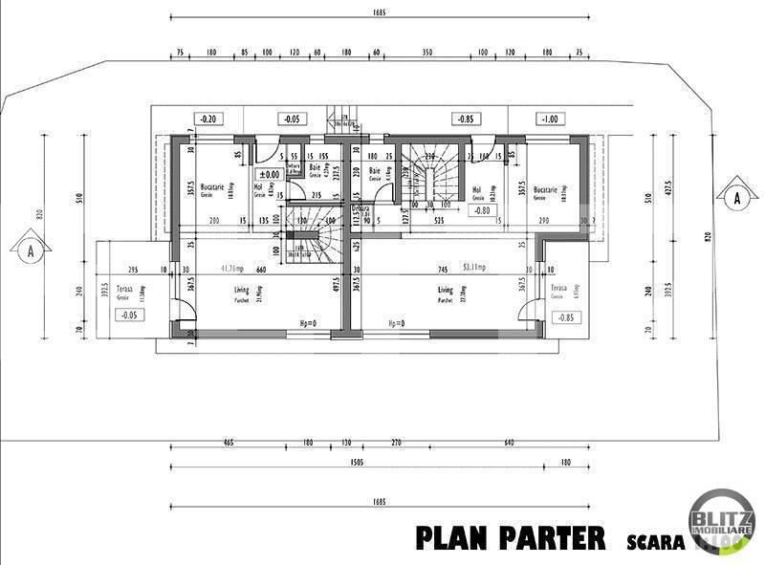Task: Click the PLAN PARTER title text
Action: tap(510, 537)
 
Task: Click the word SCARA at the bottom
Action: tap(656, 541)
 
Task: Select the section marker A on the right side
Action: tap(736, 198)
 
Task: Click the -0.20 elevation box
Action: tap(207, 120)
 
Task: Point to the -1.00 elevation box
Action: tap(548, 120)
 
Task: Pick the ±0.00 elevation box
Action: tap(269, 174)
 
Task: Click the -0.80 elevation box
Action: tap(482, 210)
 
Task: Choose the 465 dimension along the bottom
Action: tap(228, 443)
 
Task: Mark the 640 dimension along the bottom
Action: tap(509, 443)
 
